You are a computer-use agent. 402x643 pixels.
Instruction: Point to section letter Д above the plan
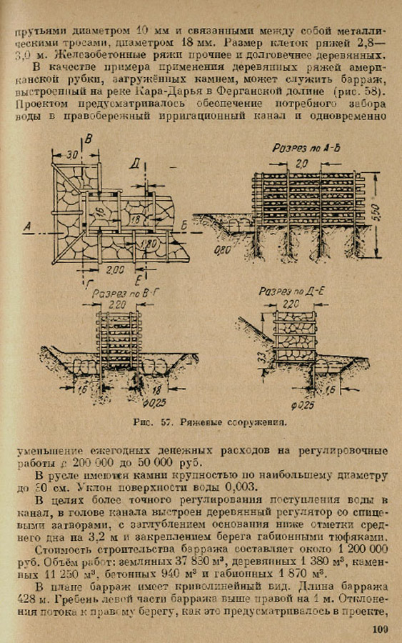(x=134, y=164)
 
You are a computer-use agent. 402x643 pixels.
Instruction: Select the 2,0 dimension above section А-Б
(x=303, y=164)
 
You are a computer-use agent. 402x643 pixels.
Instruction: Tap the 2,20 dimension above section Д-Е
(x=292, y=304)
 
